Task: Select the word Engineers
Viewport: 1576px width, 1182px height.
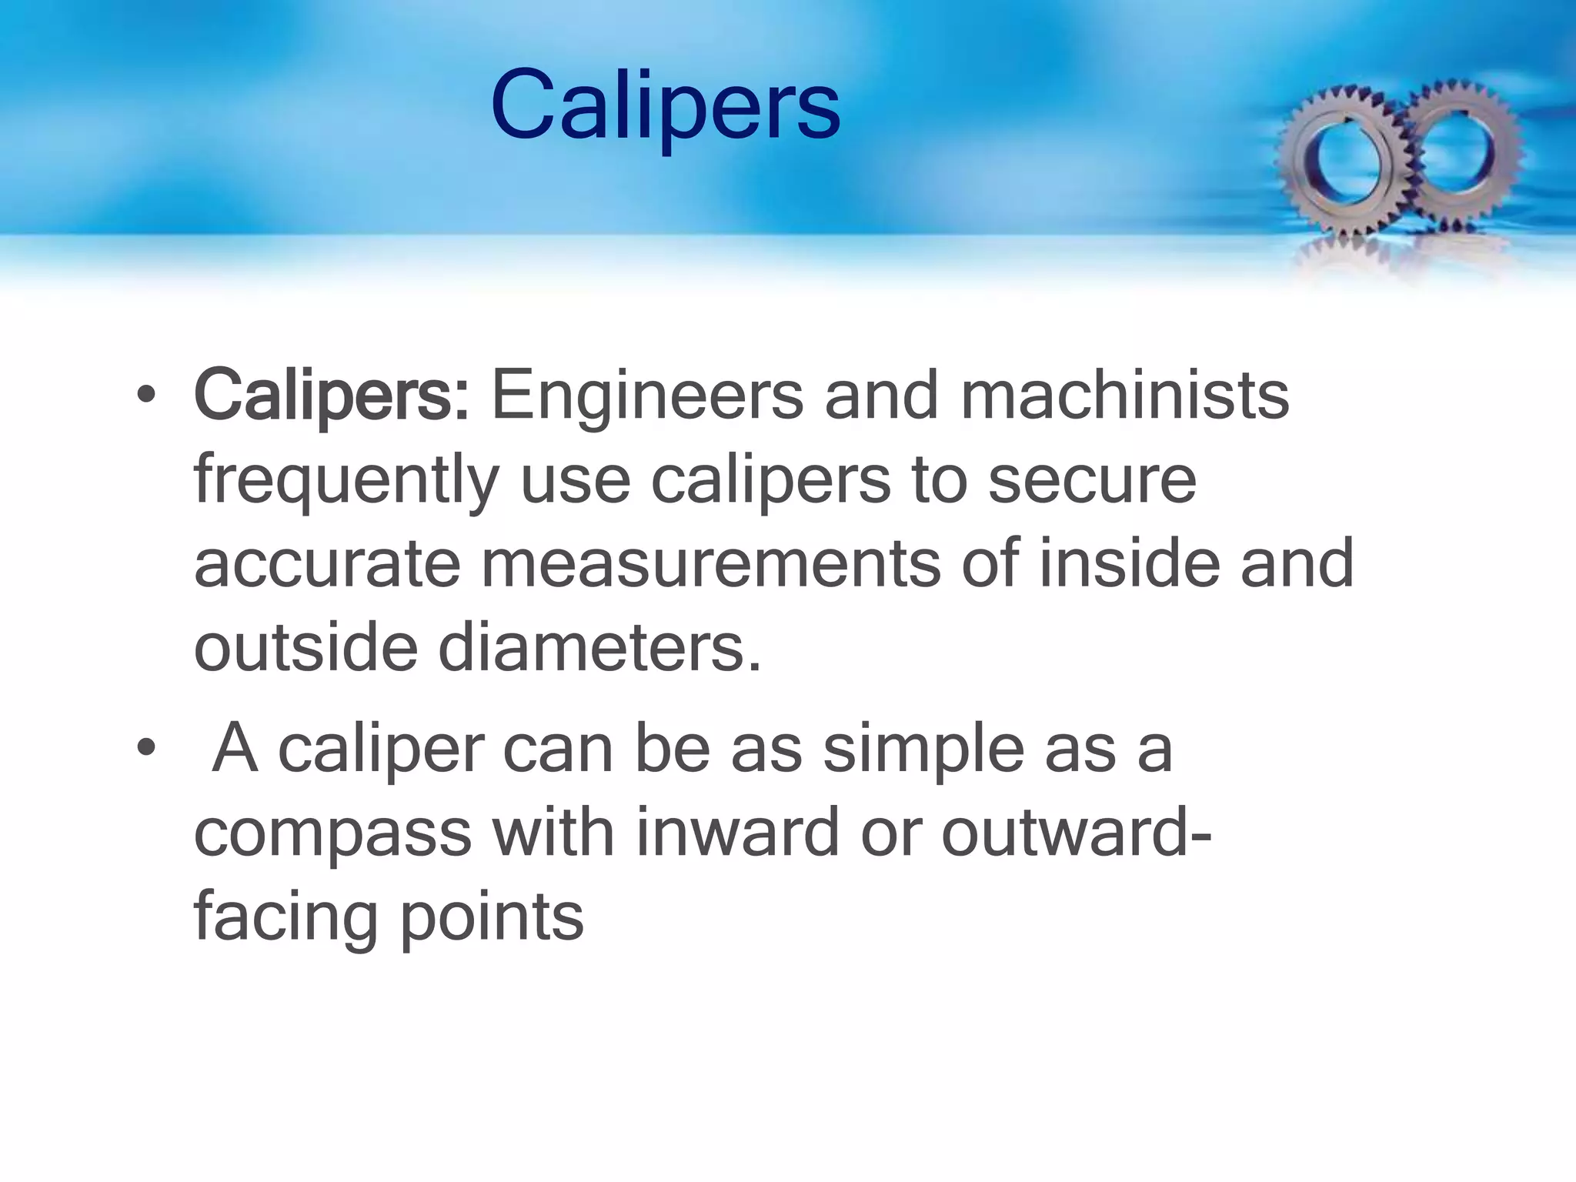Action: tap(646, 396)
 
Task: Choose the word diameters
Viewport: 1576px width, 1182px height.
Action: tap(599, 647)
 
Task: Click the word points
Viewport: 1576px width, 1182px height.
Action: tap(492, 917)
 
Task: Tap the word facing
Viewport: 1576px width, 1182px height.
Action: tap(285, 919)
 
